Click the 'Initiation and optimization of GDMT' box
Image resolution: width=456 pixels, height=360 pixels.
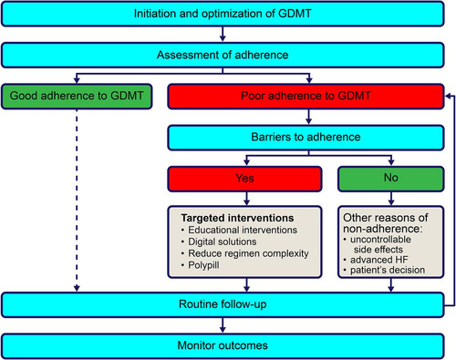coord(223,14)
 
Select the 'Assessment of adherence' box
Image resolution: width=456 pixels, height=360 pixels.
coord(223,55)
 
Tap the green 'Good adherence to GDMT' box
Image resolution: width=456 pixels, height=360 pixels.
coord(77,97)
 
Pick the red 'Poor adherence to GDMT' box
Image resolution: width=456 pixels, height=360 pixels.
coord(306,97)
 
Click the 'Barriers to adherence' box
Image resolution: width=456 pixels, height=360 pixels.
coord(306,138)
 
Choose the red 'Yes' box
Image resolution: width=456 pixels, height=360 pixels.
coord(244,179)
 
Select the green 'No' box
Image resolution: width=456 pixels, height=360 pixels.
coord(391,179)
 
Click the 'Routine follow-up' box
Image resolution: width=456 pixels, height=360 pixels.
coord(223,304)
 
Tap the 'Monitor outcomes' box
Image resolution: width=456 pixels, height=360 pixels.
coord(223,345)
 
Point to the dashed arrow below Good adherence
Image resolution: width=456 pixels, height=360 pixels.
coord(77,201)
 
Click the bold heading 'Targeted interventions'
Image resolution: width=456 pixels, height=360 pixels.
coord(237,218)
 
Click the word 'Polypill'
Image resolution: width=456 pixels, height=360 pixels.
coord(203,265)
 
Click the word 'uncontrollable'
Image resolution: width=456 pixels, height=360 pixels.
coord(380,240)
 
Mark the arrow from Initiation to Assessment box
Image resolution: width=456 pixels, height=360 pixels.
coord(223,34)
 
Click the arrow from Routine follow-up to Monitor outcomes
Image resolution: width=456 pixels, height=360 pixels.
coord(223,325)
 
